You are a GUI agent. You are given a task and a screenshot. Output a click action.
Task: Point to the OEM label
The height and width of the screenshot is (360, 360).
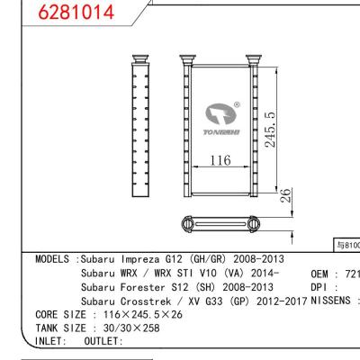(321, 273)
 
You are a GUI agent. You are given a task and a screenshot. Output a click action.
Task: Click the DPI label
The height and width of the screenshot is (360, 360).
(320, 287)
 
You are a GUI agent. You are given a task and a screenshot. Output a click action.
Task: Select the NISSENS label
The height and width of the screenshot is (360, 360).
(330, 301)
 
